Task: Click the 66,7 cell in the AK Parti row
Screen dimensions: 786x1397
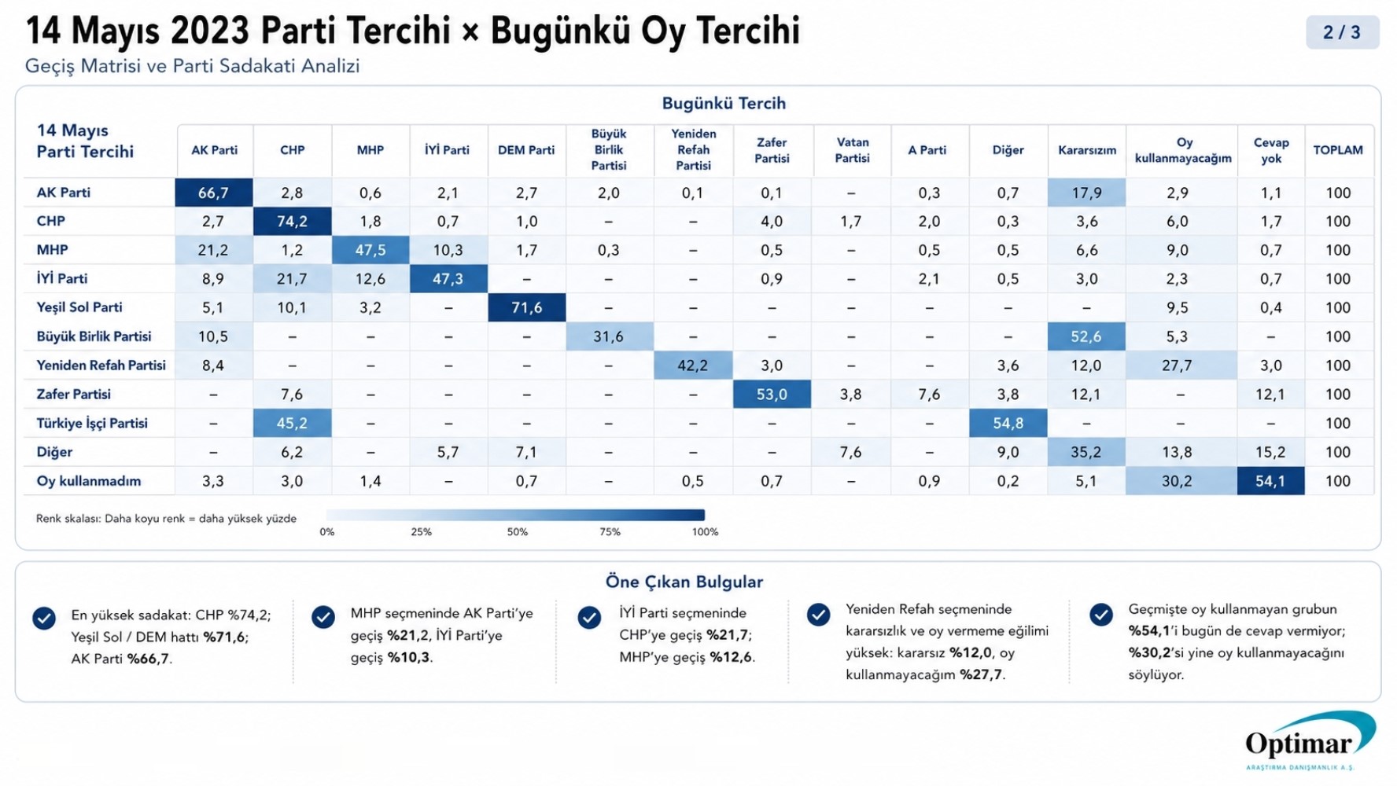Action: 213,193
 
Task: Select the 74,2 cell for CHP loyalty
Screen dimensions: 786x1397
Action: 292,222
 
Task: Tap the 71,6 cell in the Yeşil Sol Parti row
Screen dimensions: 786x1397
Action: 526,307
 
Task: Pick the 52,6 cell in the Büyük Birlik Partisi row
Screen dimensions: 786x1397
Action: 1086,336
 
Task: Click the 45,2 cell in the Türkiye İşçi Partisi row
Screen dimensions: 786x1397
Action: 292,423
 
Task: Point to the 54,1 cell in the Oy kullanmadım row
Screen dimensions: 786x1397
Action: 1270,481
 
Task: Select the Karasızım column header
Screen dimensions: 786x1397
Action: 1086,150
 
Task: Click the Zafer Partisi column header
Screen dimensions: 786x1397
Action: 772,150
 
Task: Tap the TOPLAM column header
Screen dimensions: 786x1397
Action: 1338,150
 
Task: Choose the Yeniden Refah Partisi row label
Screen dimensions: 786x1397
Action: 101,365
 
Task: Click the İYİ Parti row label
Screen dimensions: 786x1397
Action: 62,279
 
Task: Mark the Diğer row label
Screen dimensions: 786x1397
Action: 54,452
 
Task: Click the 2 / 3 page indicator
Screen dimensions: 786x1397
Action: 1342,32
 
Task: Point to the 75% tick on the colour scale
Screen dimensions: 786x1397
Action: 610,532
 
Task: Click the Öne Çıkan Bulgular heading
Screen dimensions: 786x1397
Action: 684,582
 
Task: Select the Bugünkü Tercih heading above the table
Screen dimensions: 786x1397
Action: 723,103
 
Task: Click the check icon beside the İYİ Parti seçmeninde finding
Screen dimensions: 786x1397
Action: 589,618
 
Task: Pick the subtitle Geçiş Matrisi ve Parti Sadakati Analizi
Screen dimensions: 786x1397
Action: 192,66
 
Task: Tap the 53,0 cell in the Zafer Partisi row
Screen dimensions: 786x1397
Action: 772,395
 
